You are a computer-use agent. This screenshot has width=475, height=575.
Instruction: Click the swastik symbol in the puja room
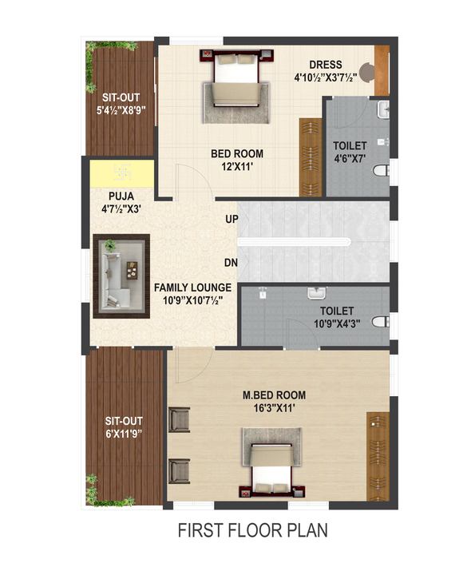122,172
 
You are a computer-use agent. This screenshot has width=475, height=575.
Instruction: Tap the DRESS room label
326,65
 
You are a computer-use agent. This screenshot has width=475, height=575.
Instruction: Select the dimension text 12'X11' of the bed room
237,167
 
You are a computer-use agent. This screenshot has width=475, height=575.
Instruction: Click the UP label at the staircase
232,219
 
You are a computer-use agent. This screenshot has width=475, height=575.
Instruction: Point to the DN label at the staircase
231,263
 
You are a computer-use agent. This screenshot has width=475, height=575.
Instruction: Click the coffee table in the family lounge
132,270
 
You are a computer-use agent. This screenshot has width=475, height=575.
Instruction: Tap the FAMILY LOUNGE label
192,287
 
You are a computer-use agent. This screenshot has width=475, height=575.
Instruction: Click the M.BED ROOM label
274,395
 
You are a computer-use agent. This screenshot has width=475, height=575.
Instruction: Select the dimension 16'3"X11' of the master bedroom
275,408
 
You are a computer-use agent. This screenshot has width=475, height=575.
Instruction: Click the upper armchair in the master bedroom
180,419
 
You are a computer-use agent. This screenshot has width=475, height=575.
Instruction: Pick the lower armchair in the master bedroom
180,471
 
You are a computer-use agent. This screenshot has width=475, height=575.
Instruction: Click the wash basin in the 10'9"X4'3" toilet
316,293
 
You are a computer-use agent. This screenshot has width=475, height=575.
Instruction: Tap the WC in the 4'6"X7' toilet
382,170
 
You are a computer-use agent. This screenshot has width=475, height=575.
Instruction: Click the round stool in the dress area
366,73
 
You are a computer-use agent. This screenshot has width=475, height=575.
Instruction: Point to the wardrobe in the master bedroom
378,456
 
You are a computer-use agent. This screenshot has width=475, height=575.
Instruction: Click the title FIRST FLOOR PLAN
253,530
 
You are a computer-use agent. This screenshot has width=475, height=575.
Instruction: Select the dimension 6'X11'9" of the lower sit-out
124,434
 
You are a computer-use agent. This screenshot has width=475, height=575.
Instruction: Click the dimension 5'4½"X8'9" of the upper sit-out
121,110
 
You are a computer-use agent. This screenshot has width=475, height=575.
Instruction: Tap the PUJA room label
121,196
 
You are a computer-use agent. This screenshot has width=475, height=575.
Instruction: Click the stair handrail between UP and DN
295,242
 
